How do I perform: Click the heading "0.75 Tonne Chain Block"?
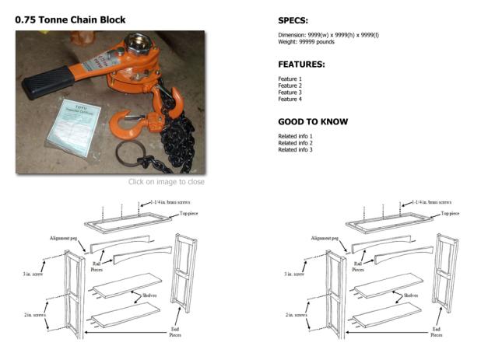pyautogui.click(x=70, y=19)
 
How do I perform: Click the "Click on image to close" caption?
pyautogui.click(x=167, y=182)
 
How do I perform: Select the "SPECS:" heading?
pyautogui.click(x=293, y=20)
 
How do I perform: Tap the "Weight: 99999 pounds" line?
pyautogui.click(x=309, y=43)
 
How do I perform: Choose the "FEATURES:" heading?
pyautogui.click(x=301, y=65)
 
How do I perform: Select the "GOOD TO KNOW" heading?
pyautogui.click(x=312, y=122)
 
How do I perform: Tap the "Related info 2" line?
pyautogui.click(x=295, y=143)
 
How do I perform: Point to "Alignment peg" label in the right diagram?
pyautogui.click(x=326, y=238)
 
